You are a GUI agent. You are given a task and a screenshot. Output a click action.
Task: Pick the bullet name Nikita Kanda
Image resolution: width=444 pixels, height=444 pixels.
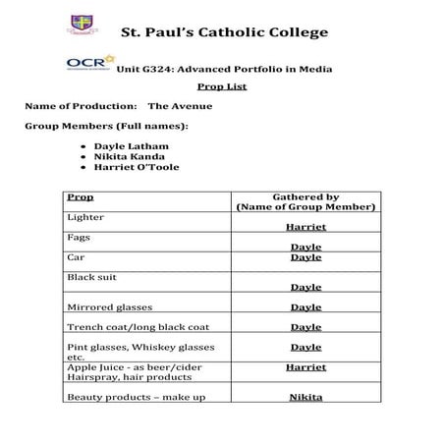pos(123,156)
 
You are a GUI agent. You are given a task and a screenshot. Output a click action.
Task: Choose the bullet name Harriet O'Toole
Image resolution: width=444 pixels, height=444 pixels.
pos(130,167)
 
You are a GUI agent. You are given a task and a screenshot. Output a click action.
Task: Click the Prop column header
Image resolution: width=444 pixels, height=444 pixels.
pos(81,197)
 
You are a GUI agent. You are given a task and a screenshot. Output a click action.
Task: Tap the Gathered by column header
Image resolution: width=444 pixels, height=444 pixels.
pos(305,202)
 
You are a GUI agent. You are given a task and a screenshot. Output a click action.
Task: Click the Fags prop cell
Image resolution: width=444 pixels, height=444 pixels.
pos(79,238)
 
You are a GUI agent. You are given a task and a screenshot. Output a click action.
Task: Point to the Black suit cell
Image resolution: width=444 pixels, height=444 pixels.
pos(91,277)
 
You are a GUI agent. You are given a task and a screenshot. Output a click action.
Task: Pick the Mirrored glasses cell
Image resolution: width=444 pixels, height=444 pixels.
pos(109,307)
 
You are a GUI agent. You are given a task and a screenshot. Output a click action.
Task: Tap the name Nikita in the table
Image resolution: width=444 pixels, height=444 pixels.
pos(305,398)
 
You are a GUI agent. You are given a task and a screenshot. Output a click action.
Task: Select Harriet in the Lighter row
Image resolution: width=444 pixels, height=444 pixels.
pos(305,227)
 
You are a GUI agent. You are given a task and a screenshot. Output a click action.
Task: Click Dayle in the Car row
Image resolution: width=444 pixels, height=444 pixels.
pos(305,257)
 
